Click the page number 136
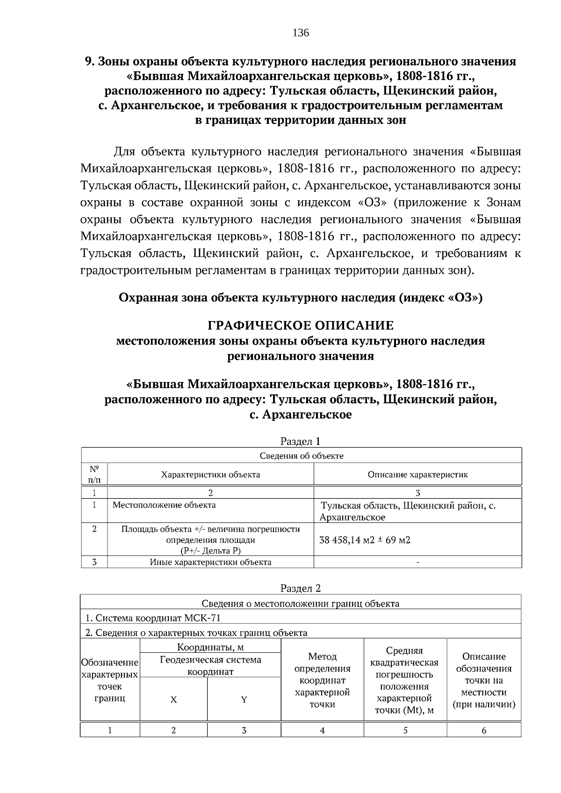tap(301, 33)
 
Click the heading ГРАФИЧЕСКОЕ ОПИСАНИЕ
tap(300, 325)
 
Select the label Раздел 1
tap(300, 441)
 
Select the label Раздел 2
tap(300, 588)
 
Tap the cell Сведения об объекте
tap(301, 456)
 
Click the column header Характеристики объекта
tap(210, 475)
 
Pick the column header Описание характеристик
tap(417, 475)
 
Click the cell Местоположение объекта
tap(164, 505)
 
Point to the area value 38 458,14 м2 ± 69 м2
tap(365, 540)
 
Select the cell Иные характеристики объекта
tap(210, 562)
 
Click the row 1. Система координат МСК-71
tap(153, 618)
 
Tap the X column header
tap(173, 700)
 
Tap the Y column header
tap(244, 700)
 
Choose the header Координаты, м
tap(210, 647)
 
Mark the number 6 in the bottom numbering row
tap(484, 730)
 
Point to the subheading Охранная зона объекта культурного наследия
tap(300, 298)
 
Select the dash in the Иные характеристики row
tap(417, 562)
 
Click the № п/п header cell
tap(94, 474)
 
